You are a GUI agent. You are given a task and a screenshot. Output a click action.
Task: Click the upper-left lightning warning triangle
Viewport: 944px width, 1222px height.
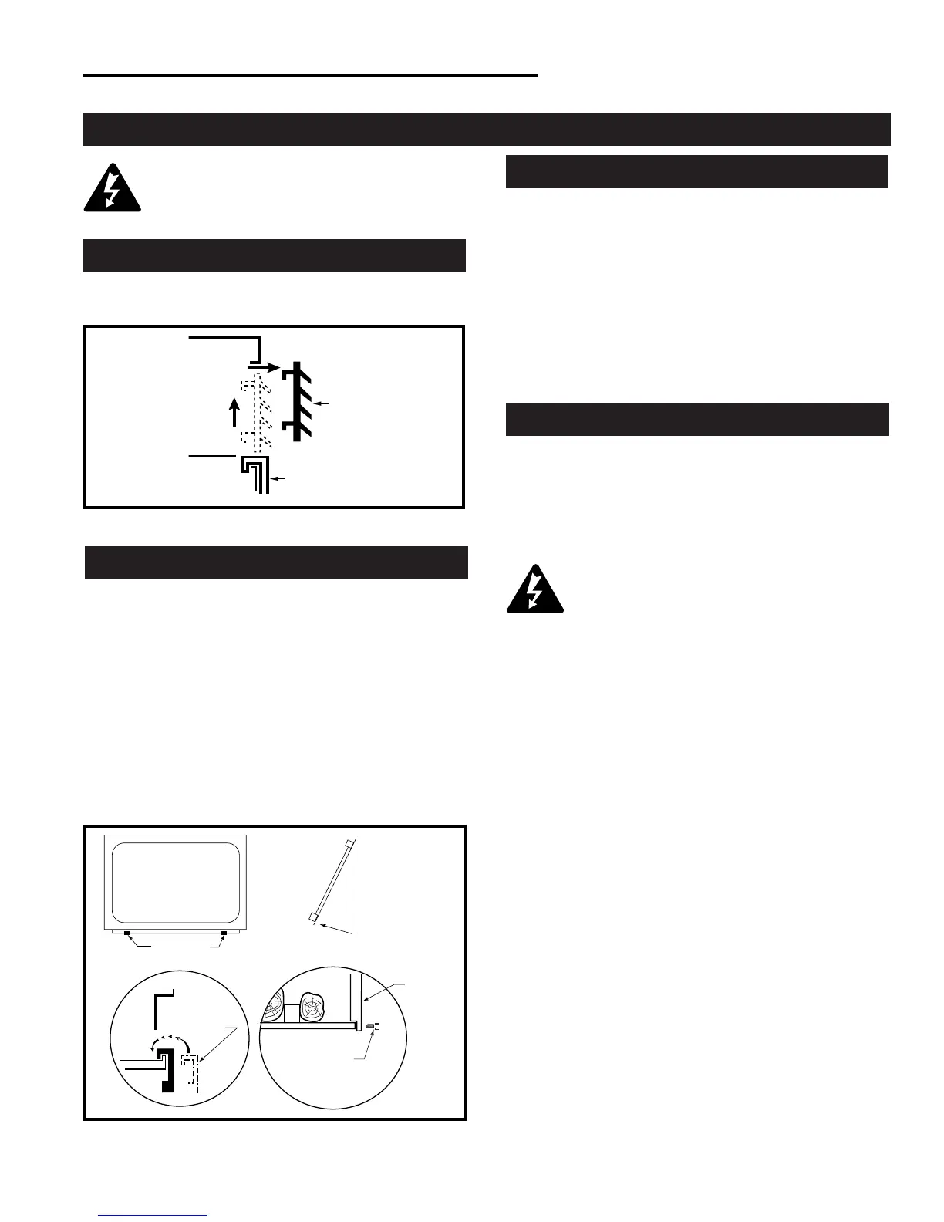pyautogui.click(x=112, y=188)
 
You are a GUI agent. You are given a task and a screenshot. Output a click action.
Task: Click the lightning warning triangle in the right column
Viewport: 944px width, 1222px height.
pyautogui.click(x=534, y=590)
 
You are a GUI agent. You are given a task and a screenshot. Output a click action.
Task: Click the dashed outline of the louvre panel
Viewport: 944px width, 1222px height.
pyautogui.click(x=257, y=413)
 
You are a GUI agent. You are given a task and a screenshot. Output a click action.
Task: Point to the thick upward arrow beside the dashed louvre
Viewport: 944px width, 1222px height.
pyautogui.click(x=236, y=413)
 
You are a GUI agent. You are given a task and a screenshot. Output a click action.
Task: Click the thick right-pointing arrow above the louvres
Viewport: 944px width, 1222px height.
pyautogui.click(x=265, y=367)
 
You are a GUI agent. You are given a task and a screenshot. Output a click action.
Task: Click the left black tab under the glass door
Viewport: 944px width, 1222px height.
pyautogui.click(x=126, y=933)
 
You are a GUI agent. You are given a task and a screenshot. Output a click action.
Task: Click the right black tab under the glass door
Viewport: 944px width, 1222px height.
pyautogui.click(x=224, y=933)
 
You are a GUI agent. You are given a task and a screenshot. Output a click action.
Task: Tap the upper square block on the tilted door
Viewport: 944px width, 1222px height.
pyautogui.click(x=350, y=843)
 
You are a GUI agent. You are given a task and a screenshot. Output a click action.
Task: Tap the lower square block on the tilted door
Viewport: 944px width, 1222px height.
pyautogui.click(x=311, y=917)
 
